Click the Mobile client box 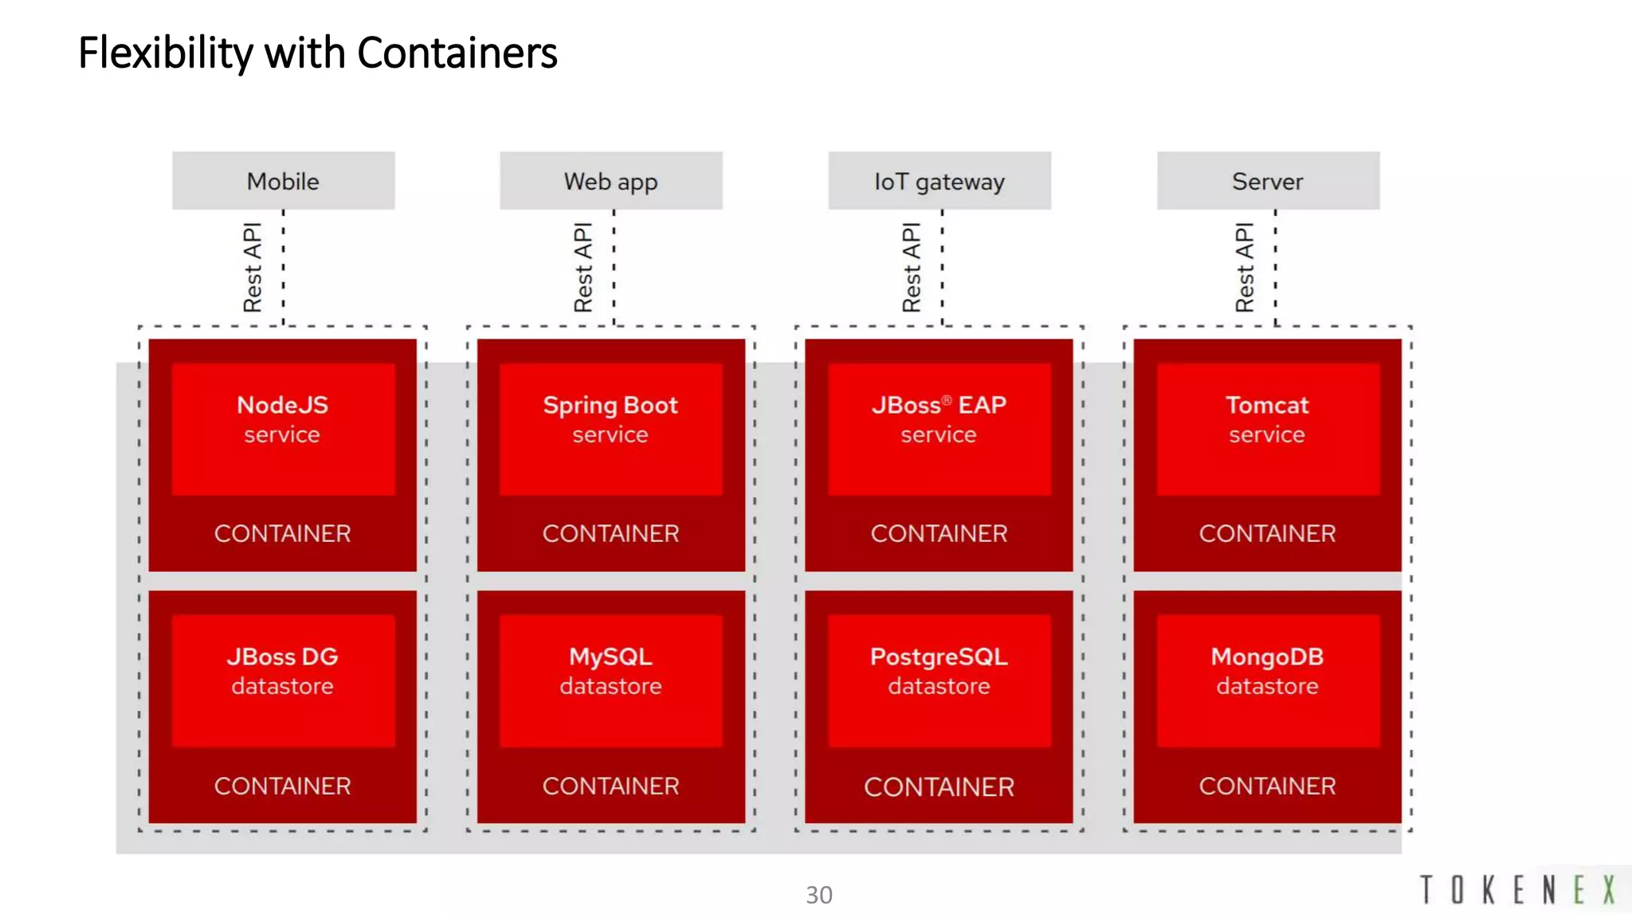283,181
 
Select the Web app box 610,181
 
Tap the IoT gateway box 939,181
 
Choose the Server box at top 1267,181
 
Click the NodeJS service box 283,428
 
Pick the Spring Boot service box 610,428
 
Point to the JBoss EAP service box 939,428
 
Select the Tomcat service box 1267,428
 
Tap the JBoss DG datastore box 283,680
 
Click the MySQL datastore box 610,680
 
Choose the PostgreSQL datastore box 939,680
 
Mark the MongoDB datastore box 1267,680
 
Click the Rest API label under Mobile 253,267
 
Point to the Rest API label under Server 1245,267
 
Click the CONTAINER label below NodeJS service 282,533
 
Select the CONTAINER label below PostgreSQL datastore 939,787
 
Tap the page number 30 818,895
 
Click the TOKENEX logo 1518,889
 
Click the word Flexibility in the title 166,53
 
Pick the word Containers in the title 457,53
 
